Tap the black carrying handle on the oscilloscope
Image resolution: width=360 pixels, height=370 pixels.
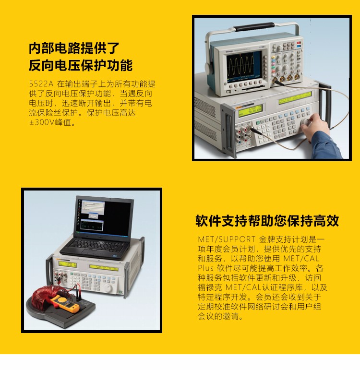pos(254,27)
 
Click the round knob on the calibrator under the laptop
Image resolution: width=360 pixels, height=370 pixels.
pos(108,287)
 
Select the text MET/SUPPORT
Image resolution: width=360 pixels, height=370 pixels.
pos(227,239)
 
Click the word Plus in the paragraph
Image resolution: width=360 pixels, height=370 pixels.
pos(205,268)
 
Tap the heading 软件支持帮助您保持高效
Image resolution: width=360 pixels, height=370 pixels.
pos(267,221)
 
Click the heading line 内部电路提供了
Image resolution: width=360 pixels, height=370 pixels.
pos(74,48)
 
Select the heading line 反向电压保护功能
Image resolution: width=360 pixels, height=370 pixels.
pos(81,65)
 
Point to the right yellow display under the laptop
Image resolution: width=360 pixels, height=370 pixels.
pos(104,268)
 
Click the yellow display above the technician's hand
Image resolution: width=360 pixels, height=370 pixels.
pos(295,98)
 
